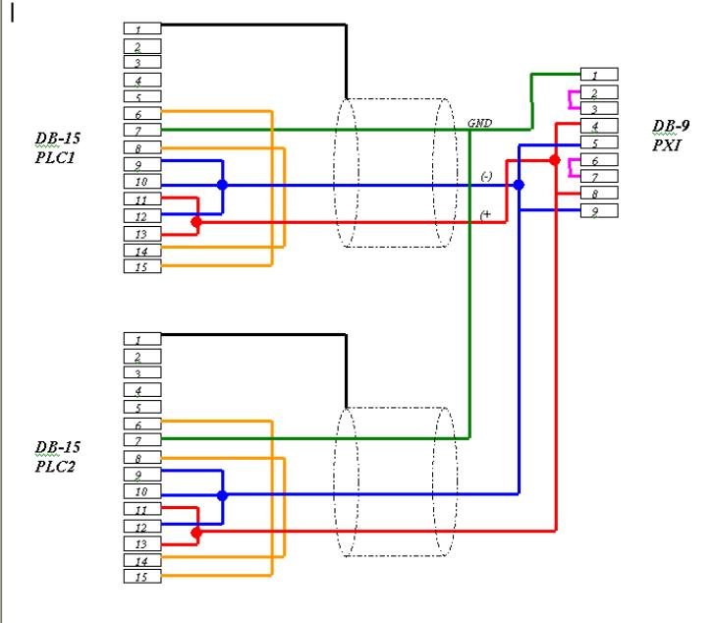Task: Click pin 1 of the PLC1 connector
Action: (142, 28)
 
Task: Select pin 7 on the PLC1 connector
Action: (142, 131)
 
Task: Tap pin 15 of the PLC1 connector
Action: (142, 266)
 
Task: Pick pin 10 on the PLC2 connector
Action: (142, 491)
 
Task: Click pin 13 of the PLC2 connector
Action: (142, 543)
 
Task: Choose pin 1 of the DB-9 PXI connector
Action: (599, 75)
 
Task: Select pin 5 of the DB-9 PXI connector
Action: (599, 142)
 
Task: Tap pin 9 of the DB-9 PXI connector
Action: (599, 211)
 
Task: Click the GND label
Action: (480, 123)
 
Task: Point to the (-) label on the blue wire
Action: (486, 176)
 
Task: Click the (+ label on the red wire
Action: (485, 214)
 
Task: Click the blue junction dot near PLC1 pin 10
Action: (222, 185)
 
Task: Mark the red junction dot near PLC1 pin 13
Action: (196, 222)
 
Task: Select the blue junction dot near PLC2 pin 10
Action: (222, 495)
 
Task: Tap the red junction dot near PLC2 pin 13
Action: (196, 533)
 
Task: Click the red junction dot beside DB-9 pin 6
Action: (554, 160)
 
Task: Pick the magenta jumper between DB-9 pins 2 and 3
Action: (570, 100)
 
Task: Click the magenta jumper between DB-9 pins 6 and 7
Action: (570, 168)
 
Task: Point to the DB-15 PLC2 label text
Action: (57, 457)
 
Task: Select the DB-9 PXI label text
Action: (670, 136)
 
